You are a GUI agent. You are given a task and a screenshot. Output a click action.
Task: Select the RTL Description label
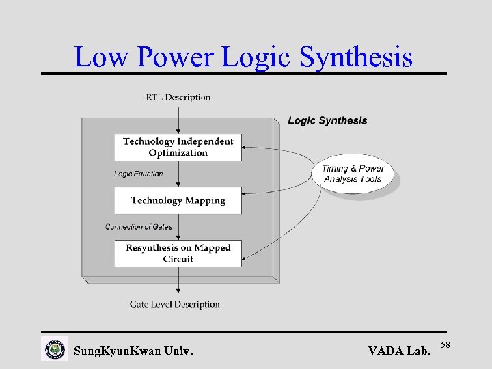[178, 98]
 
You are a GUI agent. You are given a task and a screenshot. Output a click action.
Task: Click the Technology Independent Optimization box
[178, 147]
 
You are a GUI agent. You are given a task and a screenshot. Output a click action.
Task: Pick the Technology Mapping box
[178, 200]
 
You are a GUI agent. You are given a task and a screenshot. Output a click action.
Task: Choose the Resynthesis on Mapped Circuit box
[178, 253]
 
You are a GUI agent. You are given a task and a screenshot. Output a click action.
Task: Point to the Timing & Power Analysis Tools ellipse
[353, 174]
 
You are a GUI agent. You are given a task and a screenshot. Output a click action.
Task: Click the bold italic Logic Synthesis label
[327, 121]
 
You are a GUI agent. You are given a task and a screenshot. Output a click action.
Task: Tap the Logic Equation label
[138, 174]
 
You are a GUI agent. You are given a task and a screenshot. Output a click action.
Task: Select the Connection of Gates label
[139, 227]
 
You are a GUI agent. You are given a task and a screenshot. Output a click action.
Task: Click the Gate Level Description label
[175, 304]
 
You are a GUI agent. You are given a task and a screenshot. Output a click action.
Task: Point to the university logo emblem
[55, 350]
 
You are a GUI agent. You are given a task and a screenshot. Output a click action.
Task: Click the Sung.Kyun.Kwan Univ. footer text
[133, 352]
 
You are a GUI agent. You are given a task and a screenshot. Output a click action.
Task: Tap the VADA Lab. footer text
[400, 352]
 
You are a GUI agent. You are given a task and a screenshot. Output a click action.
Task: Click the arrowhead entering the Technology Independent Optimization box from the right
[246, 146]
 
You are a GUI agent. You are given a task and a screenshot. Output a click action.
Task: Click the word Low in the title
[101, 57]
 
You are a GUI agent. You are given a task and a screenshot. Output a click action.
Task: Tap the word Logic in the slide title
[258, 57]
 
